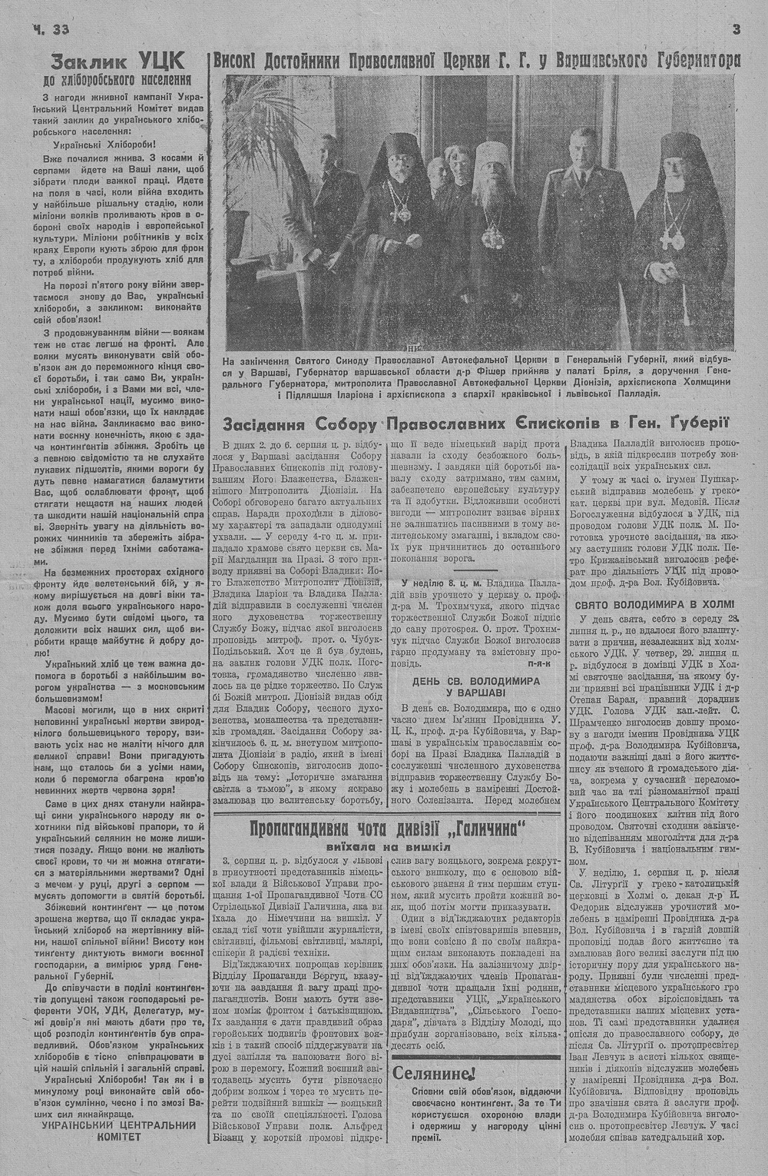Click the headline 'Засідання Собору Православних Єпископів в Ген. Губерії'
click(475, 424)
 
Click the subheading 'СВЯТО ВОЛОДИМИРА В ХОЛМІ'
click(654, 603)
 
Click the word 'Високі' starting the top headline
click(235, 61)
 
